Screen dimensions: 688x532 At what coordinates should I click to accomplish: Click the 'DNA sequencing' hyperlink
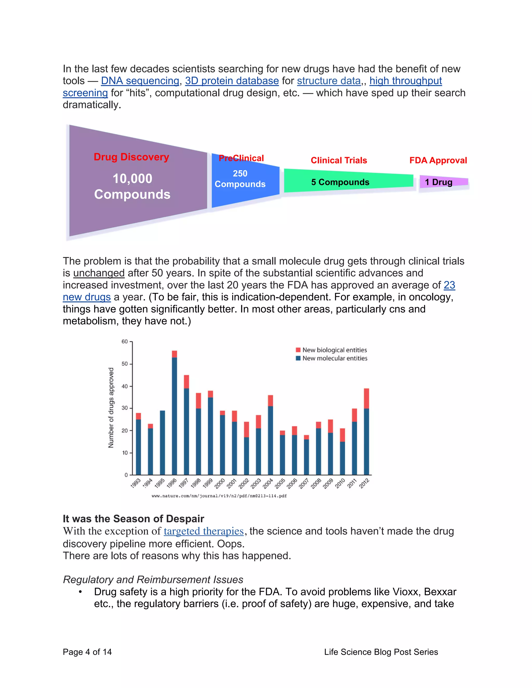click(x=140, y=81)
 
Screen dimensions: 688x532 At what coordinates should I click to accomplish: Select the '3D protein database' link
click(x=232, y=81)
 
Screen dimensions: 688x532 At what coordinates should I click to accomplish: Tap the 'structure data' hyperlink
click(x=329, y=81)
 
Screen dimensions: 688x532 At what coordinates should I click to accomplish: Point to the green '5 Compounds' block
click(x=340, y=182)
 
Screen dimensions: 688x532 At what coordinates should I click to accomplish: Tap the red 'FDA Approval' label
click(x=438, y=160)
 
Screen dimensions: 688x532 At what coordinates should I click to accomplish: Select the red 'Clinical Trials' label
click(x=339, y=160)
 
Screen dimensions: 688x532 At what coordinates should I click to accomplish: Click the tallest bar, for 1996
click(x=174, y=416)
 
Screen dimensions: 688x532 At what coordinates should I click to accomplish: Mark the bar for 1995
click(x=162, y=443)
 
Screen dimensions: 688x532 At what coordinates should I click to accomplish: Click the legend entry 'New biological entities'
click(x=334, y=350)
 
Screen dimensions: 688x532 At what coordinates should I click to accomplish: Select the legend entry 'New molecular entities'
click(x=334, y=358)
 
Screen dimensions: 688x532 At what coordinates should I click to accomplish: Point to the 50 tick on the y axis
click(x=125, y=364)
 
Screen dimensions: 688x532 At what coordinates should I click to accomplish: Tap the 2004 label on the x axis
click(x=268, y=483)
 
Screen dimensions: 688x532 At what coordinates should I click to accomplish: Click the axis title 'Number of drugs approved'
click(x=111, y=408)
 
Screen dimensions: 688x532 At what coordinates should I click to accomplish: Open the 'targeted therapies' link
click(x=204, y=531)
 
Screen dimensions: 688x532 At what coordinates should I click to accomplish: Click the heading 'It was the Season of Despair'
click(x=133, y=519)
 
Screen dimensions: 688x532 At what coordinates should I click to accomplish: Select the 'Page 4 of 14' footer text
click(x=87, y=652)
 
